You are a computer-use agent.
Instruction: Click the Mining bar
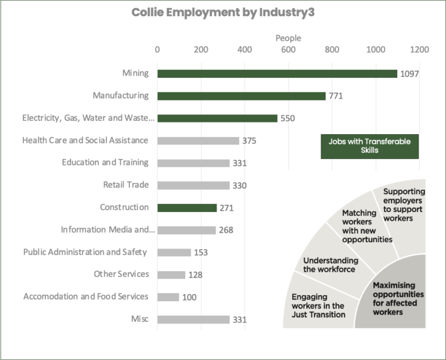(277, 74)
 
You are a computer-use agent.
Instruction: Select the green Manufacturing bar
(241, 96)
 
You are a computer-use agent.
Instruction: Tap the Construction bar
(186, 208)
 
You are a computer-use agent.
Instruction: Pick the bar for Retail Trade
(193, 185)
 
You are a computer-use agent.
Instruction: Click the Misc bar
(193, 319)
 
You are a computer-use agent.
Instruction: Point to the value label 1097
(409, 74)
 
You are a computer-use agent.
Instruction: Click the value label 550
(288, 118)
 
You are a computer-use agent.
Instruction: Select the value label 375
(250, 141)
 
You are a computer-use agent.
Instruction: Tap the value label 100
(190, 297)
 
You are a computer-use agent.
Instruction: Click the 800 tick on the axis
(332, 50)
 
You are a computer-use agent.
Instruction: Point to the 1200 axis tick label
(419, 50)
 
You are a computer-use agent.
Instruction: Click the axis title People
(288, 38)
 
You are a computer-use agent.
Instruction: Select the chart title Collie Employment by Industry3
(223, 13)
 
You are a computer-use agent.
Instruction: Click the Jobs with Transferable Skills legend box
(369, 146)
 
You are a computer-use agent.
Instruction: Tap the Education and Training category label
(105, 163)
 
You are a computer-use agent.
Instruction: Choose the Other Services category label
(121, 274)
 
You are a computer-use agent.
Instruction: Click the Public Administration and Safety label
(85, 252)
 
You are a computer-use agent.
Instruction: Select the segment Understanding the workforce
(330, 265)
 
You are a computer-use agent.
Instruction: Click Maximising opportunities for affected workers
(398, 298)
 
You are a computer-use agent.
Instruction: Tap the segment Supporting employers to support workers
(404, 204)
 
